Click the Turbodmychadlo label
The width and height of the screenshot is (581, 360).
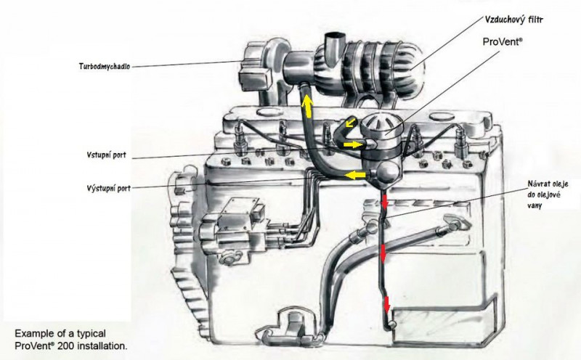(x=105, y=65)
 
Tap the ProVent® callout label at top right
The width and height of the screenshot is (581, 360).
(x=503, y=43)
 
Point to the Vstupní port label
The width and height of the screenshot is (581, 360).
(x=106, y=155)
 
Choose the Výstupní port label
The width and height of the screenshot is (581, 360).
(x=107, y=187)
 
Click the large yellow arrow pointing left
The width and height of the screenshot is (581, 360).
(x=355, y=175)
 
